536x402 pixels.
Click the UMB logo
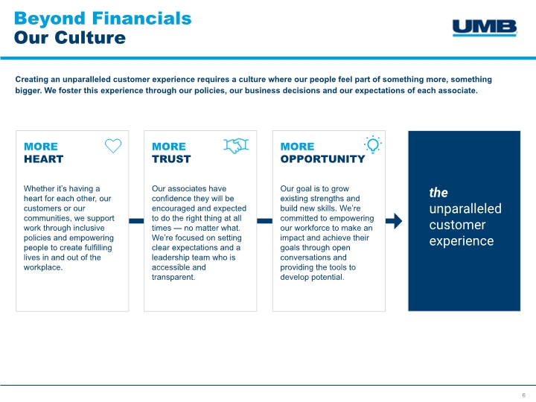(485, 28)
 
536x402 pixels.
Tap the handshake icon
(236, 146)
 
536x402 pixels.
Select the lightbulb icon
(373, 144)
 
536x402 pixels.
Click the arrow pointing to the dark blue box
(394, 221)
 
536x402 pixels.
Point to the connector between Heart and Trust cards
(136, 221)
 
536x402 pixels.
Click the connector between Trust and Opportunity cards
(264, 221)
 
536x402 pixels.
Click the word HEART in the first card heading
(43, 159)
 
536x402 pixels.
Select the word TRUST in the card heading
(171, 159)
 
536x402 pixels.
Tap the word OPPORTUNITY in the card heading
(322, 159)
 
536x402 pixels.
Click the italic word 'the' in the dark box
(438, 193)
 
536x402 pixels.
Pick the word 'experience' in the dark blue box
(462, 241)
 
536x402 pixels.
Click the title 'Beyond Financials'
(103, 19)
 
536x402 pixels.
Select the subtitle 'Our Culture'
(70, 38)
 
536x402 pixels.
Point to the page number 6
(523, 395)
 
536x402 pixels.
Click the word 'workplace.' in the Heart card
(43, 267)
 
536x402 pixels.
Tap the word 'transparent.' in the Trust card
(173, 277)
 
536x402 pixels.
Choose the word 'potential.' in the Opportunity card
(326, 277)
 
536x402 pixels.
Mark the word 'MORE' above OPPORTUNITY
(297, 147)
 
